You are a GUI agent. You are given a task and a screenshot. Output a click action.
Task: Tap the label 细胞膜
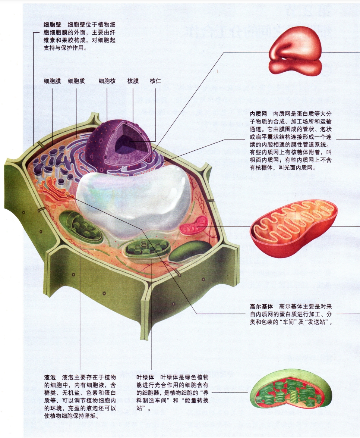point(52,81)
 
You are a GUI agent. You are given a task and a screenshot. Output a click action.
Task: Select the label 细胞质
point(76,81)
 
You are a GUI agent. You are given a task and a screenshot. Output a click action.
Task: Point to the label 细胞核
point(107,81)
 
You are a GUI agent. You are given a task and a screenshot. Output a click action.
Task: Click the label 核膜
point(133,81)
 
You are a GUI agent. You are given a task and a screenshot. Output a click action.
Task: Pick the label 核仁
point(155,81)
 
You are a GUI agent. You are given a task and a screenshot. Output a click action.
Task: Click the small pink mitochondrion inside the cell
point(192,227)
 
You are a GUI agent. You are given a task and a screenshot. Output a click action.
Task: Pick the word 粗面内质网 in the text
point(265,160)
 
